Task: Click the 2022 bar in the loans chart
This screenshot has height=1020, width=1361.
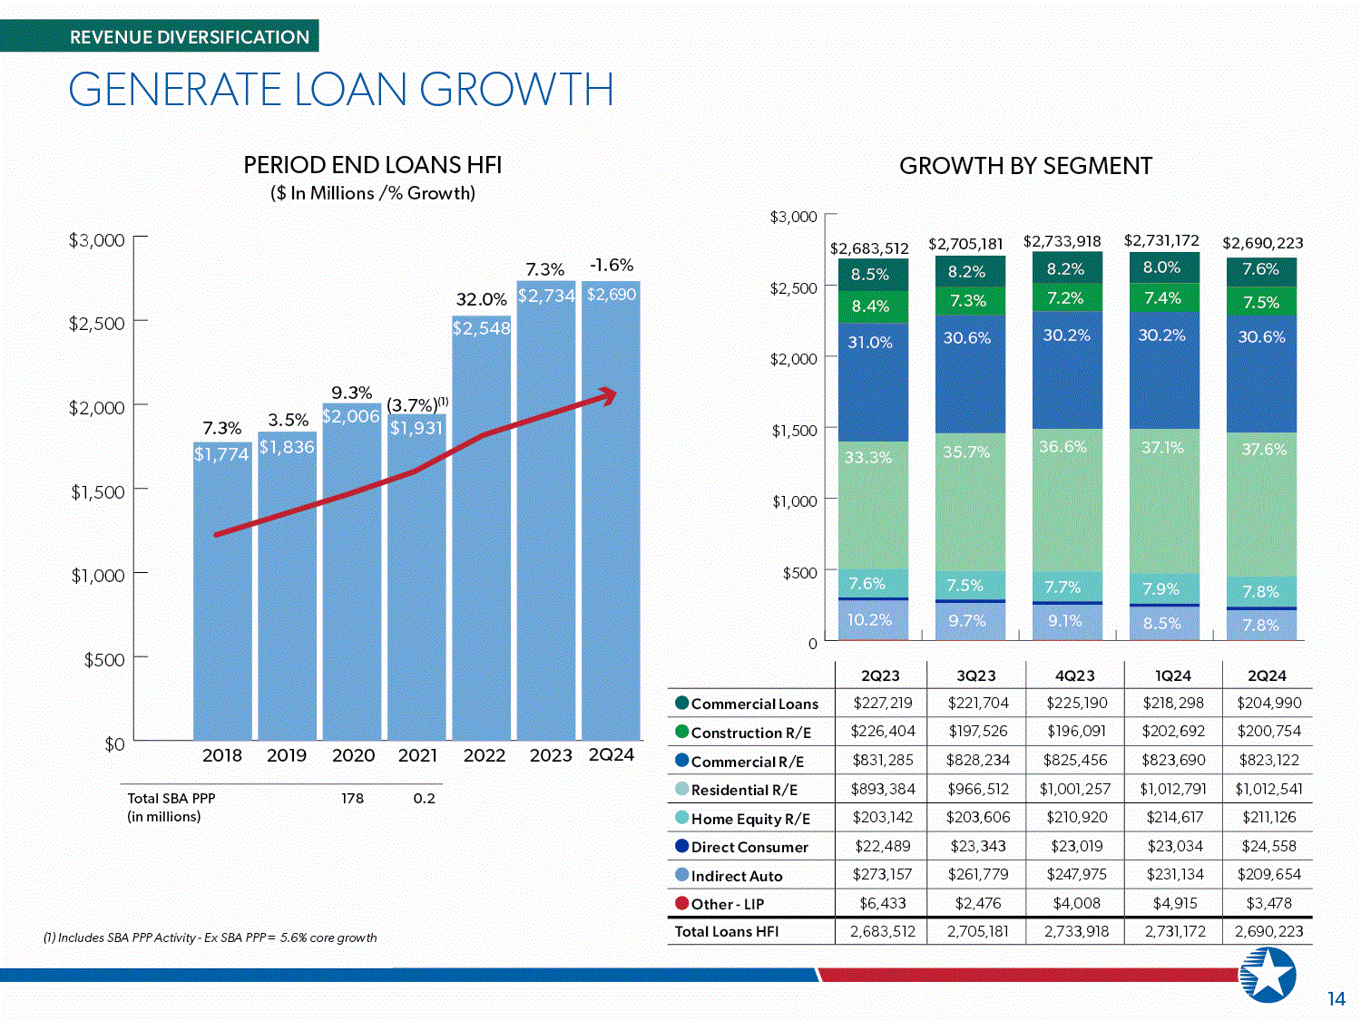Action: pyautogui.click(x=481, y=528)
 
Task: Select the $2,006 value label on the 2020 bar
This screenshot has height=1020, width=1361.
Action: pyautogui.click(x=351, y=416)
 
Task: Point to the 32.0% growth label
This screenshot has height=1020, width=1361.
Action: pyautogui.click(x=482, y=300)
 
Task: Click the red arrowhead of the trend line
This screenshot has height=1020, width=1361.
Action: pyautogui.click(x=608, y=395)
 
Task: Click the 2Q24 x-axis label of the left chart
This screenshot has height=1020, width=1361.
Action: pyautogui.click(x=612, y=754)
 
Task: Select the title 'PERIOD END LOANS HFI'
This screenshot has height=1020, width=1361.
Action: pyautogui.click(x=373, y=165)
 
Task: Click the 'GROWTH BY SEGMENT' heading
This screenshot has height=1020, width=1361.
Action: pyautogui.click(x=1025, y=166)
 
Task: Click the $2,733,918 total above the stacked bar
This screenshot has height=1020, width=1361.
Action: pyautogui.click(x=1062, y=241)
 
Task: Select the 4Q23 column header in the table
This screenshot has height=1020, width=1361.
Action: pyautogui.click(x=1074, y=675)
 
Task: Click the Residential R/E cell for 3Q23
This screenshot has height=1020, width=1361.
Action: pyautogui.click(x=978, y=789)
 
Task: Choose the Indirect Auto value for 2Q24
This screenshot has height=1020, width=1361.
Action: pyautogui.click(x=1269, y=874)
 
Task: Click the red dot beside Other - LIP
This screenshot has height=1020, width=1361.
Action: pyautogui.click(x=681, y=903)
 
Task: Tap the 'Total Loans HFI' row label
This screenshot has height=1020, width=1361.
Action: pyautogui.click(x=726, y=931)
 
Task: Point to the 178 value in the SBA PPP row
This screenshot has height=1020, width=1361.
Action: pyautogui.click(x=352, y=798)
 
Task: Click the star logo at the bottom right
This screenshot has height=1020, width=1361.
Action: pyautogui.click(x=1268, y=975)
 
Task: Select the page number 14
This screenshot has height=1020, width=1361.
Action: pyautogui.click(x=1337, y=999)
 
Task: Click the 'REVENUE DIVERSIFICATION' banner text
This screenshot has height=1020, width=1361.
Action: pyautogui.click(x=189, y=37)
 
